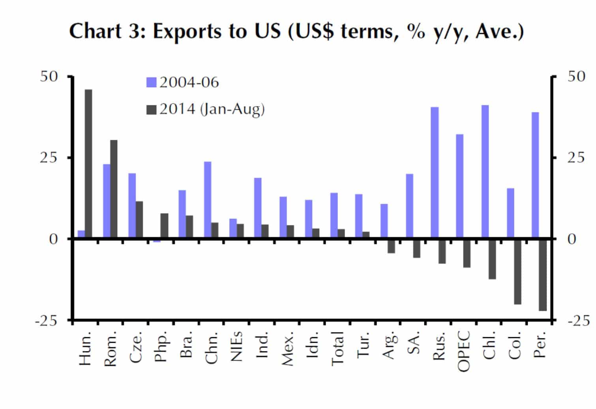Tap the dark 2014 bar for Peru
coord(543,275)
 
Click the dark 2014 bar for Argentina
coord(391,247)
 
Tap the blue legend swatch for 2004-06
coord(152,82)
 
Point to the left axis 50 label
coord(49,77)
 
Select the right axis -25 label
coord(579,321)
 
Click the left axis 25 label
coord(49,158)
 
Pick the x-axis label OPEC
coord(463,351)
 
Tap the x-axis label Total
coord(337,349)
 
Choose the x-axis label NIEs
coord(236,346)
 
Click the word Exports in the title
coord(187,32)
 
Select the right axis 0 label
coord(572,239)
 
